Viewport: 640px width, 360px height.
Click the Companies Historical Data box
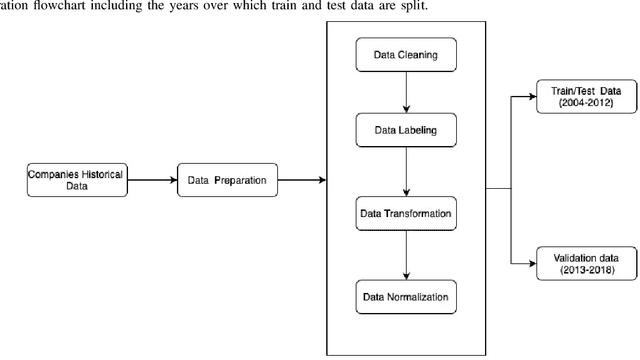[x=75, y=181]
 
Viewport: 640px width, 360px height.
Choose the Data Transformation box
[x=404, y=213]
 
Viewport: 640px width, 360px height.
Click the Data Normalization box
[x=404, y=295]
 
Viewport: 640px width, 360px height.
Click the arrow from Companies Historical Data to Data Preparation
[x=152, y=181]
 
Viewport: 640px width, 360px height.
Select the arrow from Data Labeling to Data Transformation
[x=404, y=174]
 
